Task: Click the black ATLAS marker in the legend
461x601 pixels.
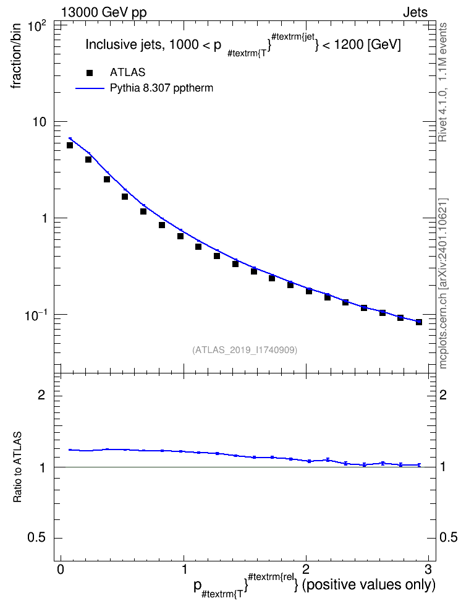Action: pos(90,73)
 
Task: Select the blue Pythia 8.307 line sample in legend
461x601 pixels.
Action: pos(90,88)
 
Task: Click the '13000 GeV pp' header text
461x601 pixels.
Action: pos(103,12)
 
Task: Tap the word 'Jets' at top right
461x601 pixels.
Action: pos(415,12)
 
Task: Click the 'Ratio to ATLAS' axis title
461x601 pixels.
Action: pos(17,467)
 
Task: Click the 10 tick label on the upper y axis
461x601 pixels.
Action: pos(38,122)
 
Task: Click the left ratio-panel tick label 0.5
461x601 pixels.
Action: pos(36,538)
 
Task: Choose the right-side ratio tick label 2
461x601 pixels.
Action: pos(443,394)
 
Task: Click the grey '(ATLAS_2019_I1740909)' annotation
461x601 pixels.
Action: pos(245,350)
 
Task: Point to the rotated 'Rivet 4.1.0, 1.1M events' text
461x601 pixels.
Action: pos(443,82)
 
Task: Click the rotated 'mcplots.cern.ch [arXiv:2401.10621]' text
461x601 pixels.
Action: pos(443,283)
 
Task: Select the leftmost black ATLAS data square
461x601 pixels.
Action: pos(70,145)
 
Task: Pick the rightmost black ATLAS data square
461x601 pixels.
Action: pos(419,322)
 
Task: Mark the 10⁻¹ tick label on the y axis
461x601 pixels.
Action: pos(35,315)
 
